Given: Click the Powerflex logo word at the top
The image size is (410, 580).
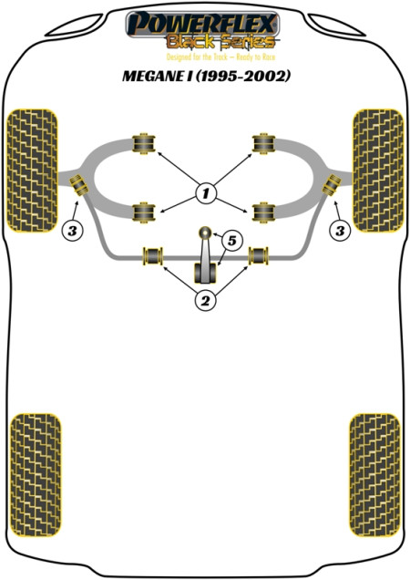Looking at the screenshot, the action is click(x=202, y=25).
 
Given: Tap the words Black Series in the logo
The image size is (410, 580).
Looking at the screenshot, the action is click(x=221, y=42).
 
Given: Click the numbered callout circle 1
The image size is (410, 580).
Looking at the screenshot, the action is click(x=206, y=193).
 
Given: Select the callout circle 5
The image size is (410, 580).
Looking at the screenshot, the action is click(x=231, y=241).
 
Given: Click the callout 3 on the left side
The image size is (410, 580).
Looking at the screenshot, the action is click(x=73, y=232).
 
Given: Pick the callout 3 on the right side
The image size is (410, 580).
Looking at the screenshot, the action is click(x=340, y=232).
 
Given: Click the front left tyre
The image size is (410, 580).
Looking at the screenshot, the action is click(x=32, y=171).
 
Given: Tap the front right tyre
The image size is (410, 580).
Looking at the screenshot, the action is click(x=378, y=171).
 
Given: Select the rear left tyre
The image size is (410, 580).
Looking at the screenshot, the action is click(x=36, y=475).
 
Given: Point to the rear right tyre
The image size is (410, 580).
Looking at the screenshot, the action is click(x=374, y=475).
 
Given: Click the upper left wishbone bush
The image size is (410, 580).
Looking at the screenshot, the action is click(x=144, y=143).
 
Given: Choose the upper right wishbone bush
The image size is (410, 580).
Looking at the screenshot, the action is click(x=263, y=143).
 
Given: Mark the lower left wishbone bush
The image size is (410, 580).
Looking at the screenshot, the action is click(x=144, y=212).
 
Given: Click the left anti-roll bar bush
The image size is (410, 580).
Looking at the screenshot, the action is click(x=153, y=256).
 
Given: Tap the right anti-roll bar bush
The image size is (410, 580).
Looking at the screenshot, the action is click(x=259, y=256).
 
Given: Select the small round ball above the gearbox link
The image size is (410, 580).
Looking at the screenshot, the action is click(x=205, y=233).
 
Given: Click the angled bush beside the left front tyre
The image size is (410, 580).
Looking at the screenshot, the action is click(x=78, y=184).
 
